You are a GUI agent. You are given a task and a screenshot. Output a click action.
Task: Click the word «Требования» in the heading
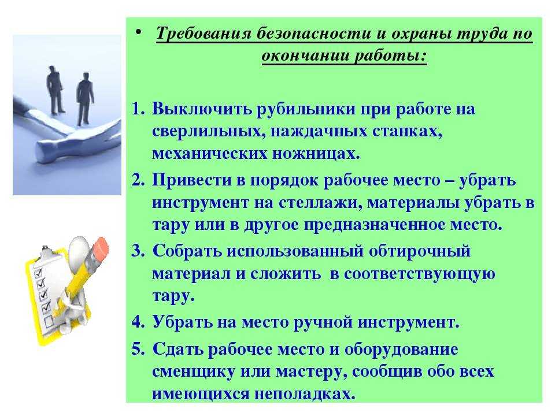[x=204, y=34]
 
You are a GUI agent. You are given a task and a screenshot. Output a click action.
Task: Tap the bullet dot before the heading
[x=138, y=32]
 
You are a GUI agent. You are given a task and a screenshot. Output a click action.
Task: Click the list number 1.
[x=138, y=109]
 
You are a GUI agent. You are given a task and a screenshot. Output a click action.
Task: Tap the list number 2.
[x=138, y=180]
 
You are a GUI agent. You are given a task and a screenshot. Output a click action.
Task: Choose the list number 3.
[x=138, y=251]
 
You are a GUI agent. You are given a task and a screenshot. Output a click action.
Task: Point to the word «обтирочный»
[x=420, y=251]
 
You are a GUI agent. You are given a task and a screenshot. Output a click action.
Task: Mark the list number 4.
[x=138, y=322]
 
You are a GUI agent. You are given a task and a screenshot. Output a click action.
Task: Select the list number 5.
[x=138, y=350]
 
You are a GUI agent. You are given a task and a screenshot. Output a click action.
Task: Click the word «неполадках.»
[x=305, y=393]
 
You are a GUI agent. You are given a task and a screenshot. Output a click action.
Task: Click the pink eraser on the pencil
[x=99, y=248]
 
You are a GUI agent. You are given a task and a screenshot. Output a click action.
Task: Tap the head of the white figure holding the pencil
[x=78, y=248]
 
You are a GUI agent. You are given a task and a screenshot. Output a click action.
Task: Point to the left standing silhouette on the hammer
[x=55, y=90]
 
